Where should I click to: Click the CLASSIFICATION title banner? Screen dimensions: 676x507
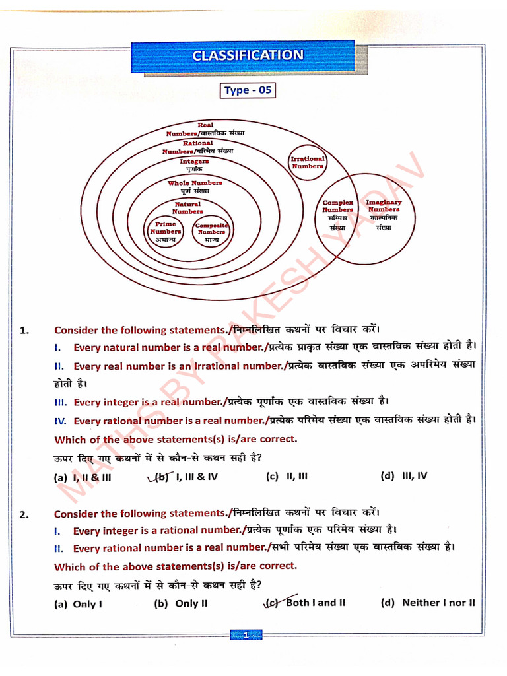(x=248, y=56)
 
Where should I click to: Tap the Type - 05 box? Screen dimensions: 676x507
(x=248, y=90)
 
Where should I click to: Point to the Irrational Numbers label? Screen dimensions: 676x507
(x=308, y=162)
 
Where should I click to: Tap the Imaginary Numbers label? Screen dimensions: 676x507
(x=384, y=210)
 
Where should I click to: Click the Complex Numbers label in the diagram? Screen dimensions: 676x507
(x=338, y=210)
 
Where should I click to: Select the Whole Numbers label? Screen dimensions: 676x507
(x=195, y=186)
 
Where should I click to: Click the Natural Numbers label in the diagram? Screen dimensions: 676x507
(x=187, y=208)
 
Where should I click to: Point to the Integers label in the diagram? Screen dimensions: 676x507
(x=194, y=165)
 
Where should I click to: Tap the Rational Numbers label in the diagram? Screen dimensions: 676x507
(x=197, y=147)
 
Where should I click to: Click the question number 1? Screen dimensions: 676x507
(x=24, y=330)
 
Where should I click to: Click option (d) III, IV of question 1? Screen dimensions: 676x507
(x=404, y=475)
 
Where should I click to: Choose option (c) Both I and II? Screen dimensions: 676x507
(x=306, y=603)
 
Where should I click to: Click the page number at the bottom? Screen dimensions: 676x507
(x=245, y=635)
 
